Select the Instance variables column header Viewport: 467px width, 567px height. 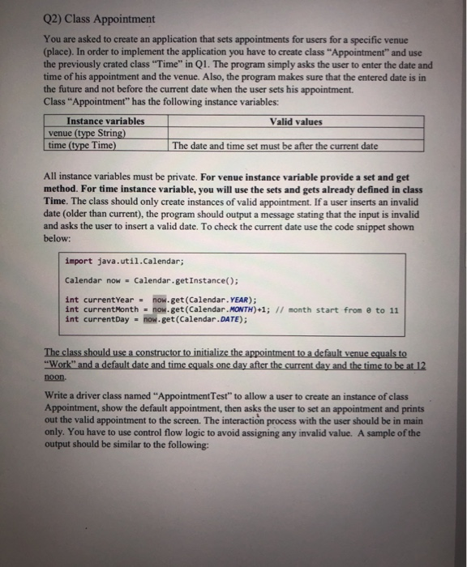pos(105,122)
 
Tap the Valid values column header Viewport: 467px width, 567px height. pos(296,122)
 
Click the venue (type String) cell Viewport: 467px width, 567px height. pos(86,134)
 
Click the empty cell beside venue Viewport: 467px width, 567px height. pos(296,134)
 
